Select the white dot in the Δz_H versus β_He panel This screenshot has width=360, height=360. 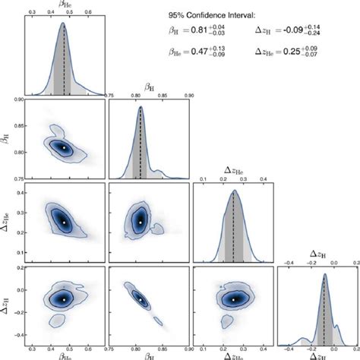[x=65, y=299]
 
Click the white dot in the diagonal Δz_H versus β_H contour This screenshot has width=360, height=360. [x=141, y=299]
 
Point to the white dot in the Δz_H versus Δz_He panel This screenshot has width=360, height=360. [x=233, y=299]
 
